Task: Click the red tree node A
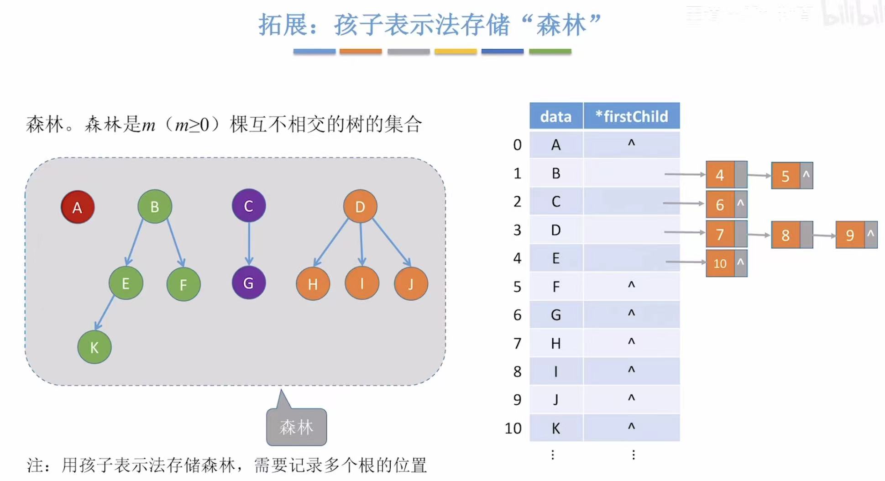click(x=78, y=207)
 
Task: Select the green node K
click(x=94, y=347)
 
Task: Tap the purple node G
click(x=249, y=283)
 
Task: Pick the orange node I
click(x=362, y=283)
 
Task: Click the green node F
click(x=183, y=284)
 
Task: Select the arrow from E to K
click(x=105, y=313)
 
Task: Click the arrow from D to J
click(x=392, y=242)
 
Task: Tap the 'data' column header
click(x=556, y=116)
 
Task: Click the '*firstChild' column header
click(x=632, y=116)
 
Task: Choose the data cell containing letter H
click(x=556, y=343)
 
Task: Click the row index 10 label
click(x=513, y=428)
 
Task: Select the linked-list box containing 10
click(x=720, y=263)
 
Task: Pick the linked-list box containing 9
click(x=850, y=235)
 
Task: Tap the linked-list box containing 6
click(x=720, y=204)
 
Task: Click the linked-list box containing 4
click(x=720, y=175)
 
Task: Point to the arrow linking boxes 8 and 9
click(x=824, y=235)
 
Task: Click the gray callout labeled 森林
click(x=297, y=427)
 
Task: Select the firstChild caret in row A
click(x=632, y=144)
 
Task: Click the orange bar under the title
click(x=361, y=52)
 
